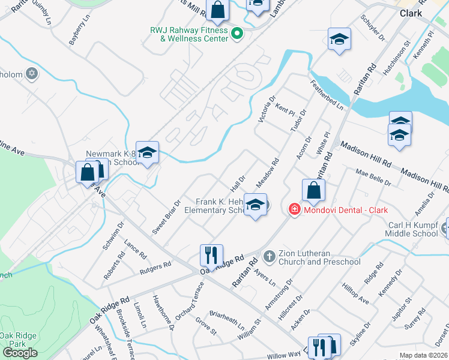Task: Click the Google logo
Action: (20, 353)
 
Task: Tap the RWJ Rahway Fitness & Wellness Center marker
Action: (236, 33)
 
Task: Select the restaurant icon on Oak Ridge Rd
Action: (211, 255)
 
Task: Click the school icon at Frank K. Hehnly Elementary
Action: (255, 206)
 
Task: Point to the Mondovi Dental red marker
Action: (294, 209)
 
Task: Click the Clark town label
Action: (411, 13)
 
